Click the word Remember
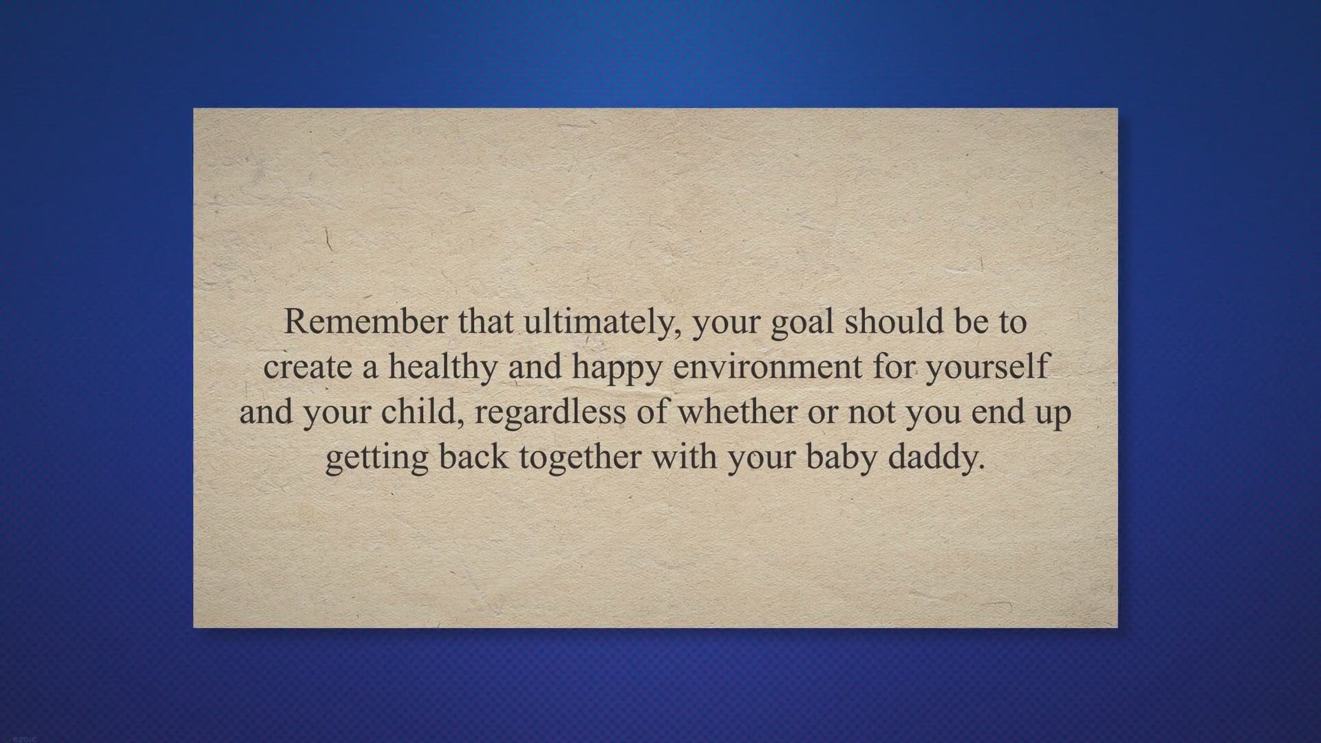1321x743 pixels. tap(365, 322)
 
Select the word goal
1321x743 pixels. tap(802, 322)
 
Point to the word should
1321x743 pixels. tap(894, 322)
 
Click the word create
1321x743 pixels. tap(307, 367)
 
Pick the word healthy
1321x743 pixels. tap(442, 367)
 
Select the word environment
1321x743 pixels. tap(766, 367)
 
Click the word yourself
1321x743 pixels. tap(987, 367)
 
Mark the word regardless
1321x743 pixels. tap(550, 412)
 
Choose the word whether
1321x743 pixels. tap(737, 412)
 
